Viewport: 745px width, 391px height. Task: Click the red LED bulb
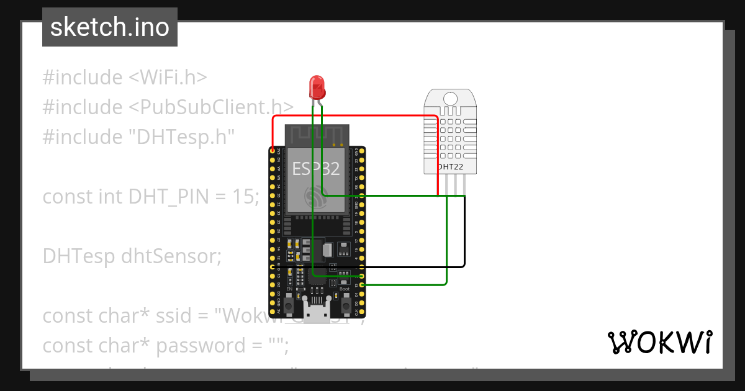pos(317,86)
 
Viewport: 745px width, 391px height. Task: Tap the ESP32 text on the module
pos(317,169)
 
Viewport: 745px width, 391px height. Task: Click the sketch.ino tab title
pos(110,27)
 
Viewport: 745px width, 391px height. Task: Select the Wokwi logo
pos(659,342)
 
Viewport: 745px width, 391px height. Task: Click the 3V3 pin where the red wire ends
pos(273,151)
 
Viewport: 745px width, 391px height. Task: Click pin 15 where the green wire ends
pos(362,285)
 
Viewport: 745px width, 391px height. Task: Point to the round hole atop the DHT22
pos(451,98)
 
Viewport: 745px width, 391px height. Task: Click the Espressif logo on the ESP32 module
pos(317,197)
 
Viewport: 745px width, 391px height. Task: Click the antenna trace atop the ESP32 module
pos(315,135)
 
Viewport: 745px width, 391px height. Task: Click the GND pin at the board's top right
pos(362,151)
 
